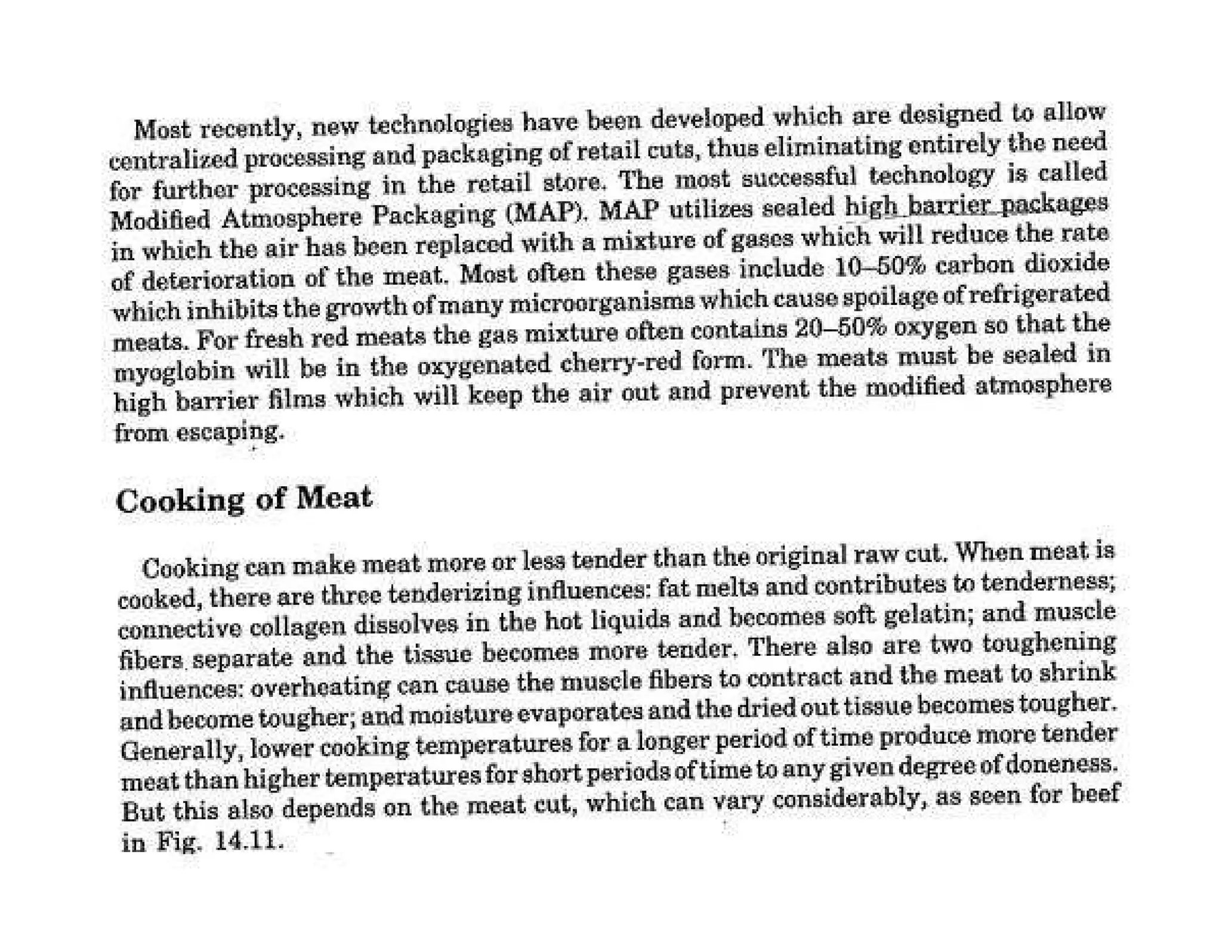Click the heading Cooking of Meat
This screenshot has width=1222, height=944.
pyautogui.click(x=243, y=499)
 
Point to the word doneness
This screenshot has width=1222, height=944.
pyautogui.click(x=1071, y=766)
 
